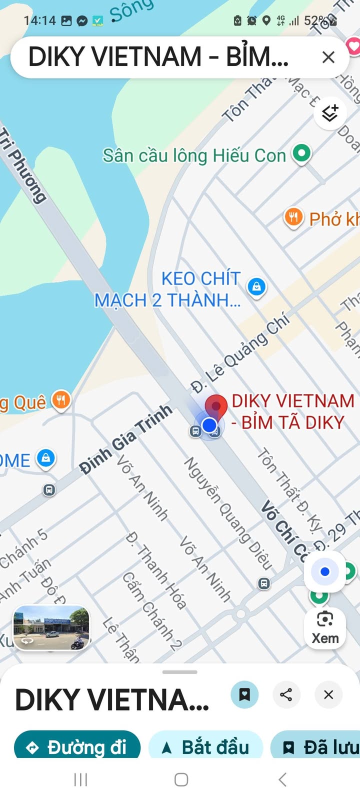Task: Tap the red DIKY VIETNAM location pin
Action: [x=216, y=406]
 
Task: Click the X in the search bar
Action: [x=328, y=57]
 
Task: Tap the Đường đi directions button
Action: [x=77, y=747]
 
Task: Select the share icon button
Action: [x=286, y=694]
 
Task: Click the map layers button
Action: [x=330, y=113]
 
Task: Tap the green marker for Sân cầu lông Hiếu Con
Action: [x=301, y=153]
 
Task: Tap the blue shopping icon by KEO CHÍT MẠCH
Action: [x=256, y=287]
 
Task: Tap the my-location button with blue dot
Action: [x=325, y=571]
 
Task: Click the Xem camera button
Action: [x=325, y=627]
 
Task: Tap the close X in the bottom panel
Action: [x=328, y=694]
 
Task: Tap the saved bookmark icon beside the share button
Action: [x=244, y=694]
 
